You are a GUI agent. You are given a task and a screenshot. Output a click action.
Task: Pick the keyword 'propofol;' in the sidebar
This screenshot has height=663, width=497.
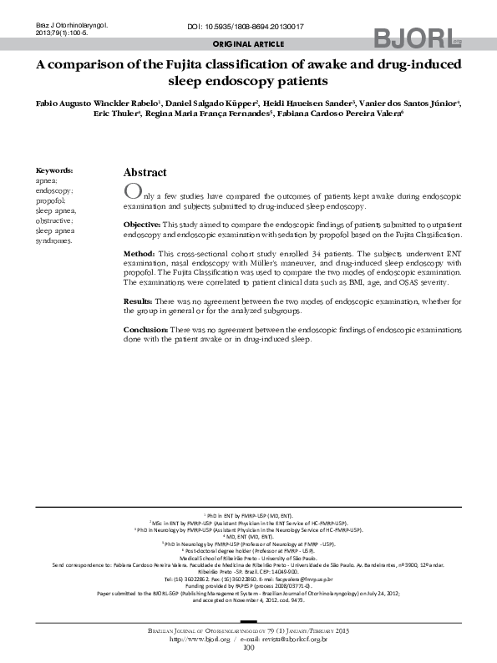coord(51,201)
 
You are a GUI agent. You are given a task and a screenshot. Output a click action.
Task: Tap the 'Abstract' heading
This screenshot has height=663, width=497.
coord(145,172)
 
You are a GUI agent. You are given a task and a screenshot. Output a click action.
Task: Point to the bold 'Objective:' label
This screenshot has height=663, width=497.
coord(142,225)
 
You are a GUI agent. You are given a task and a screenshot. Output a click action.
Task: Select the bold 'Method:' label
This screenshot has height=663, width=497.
coord(139,252)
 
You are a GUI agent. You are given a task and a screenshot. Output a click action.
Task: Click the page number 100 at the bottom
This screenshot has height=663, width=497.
coord(248,647)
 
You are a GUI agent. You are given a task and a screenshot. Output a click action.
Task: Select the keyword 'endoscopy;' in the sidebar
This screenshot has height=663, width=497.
coord(53,190)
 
